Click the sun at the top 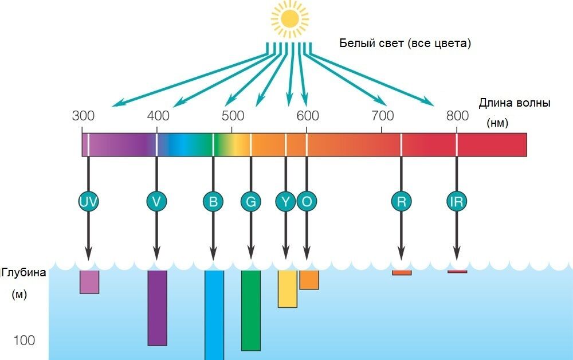click(x=290, y=19)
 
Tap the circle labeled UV click(x=88, y=201)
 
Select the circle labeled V click(x=156, y=201)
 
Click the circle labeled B click(x=213, y=201)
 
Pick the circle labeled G click(x=250, y=201)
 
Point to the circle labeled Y click(x=286, y=201)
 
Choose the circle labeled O click(x=307, y=201)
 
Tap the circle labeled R click(x=401, y=201)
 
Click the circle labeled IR click(x=457, y=201)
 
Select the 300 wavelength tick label click(x=83, y=115)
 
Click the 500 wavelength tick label click(x=233, y=115)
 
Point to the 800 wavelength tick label click(x=457, y=115)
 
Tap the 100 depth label click(x=24, y=341)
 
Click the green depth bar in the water click(x=251, y=310)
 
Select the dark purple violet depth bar click(x=157, y=308)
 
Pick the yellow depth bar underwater click(x=287, y=289)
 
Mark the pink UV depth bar click(x=89, y=282)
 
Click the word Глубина click(x=24, y=273)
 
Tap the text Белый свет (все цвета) click(x=405, y=44)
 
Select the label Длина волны click(x=514, y=103)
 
